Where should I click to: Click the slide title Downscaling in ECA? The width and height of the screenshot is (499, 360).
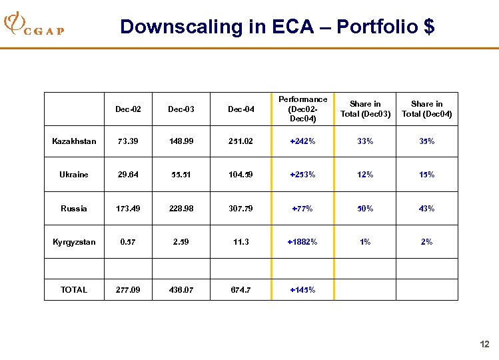277,27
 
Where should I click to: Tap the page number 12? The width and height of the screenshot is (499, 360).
484,344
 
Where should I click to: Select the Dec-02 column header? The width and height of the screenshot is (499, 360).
128,109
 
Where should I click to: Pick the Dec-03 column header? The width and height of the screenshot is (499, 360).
181,109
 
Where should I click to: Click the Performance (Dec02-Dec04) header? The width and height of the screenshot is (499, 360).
302,109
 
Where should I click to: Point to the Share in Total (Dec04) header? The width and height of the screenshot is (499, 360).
426,109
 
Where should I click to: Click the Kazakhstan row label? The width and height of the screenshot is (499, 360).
74,141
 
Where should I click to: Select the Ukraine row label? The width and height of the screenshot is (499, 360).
74,175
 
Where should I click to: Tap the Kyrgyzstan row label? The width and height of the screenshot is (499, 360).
74,242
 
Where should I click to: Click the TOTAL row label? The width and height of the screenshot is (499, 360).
74,290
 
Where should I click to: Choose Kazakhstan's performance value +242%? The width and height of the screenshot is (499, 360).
302,141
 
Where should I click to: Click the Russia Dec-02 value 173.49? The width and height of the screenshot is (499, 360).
128,209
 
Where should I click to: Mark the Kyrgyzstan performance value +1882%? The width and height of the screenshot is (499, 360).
302,242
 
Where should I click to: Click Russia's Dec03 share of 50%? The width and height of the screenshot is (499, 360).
365,209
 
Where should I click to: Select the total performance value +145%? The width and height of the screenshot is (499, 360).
302,290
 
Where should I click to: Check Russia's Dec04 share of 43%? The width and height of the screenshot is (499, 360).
426,209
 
